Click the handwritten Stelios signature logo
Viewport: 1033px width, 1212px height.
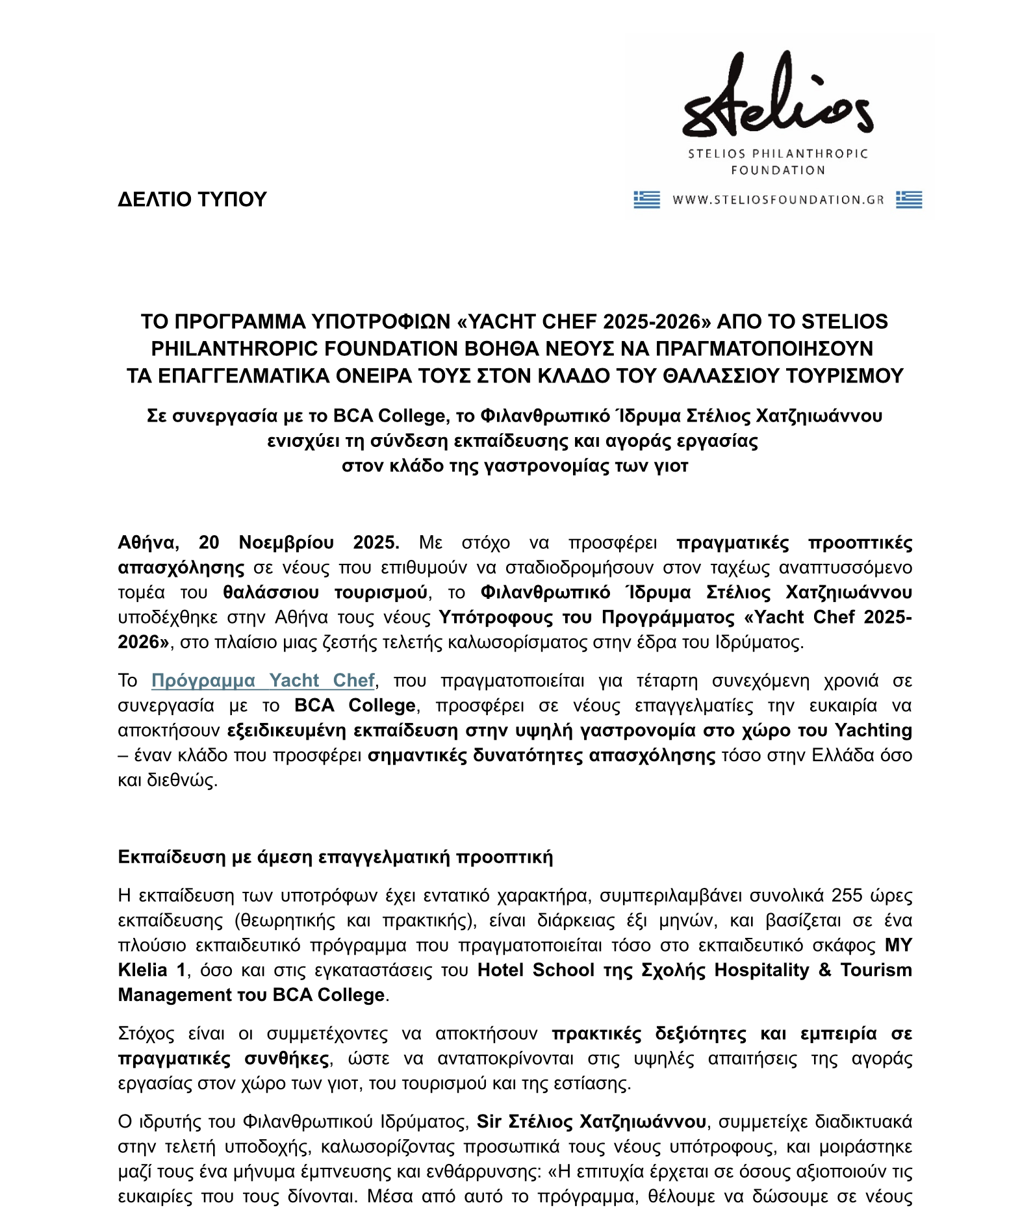click(x=777, y=97)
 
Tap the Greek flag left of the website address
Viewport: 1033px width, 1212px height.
click(x=646, y=199)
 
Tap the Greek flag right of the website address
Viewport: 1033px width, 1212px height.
click(x=909, y=199)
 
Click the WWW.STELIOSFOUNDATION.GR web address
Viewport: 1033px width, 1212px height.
click(x=778, y=200)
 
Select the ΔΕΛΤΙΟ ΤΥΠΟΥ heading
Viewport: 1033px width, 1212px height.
click(x=192, y=199)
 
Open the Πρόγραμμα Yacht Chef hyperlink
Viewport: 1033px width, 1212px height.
click(x=263, y=680)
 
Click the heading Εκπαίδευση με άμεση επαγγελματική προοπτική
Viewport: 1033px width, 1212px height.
click(x=335, y=857)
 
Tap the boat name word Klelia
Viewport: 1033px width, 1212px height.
click(x=143, y=970)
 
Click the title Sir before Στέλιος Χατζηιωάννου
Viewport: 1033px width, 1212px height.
click(x=489, y=1122)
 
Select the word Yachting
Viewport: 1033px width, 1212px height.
click(x=873, y=730)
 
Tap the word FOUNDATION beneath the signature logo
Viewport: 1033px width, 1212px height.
click(x=778, y=170)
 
